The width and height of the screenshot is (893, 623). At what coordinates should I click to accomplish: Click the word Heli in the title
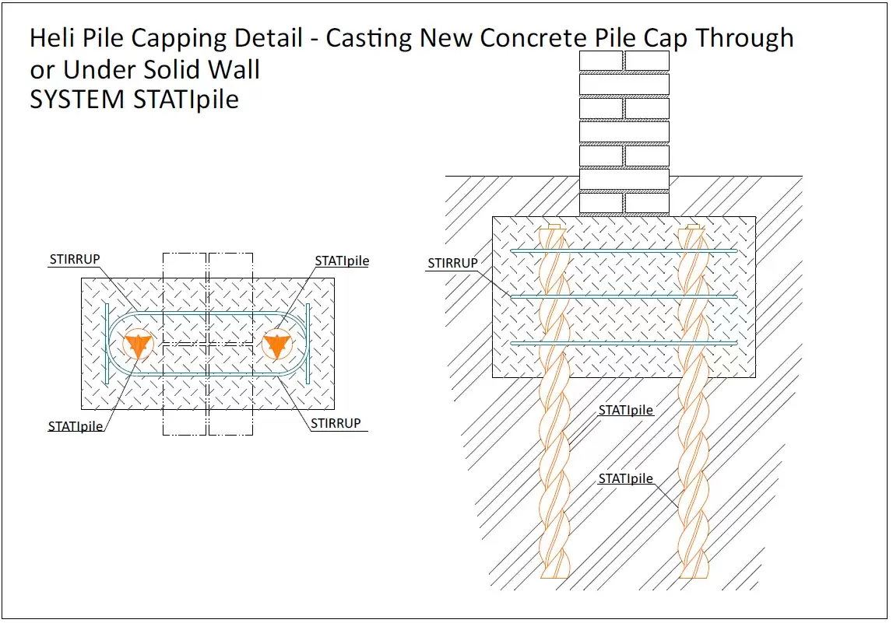click(54, 38)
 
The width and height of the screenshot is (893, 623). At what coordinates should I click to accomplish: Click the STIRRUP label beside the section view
click(452, 264)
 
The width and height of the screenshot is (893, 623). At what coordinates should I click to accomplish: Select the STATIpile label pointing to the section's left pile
click(625, 410)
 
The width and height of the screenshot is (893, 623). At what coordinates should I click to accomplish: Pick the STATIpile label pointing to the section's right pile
click(625, 478)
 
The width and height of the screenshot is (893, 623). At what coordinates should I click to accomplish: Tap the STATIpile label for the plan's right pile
click(342, 261)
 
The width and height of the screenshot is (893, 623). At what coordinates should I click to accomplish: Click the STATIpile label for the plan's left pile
click(76, 426)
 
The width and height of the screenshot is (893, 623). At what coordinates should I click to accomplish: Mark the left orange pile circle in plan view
click(138, 345)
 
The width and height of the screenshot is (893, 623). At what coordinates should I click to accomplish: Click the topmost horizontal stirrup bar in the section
click(623, 251)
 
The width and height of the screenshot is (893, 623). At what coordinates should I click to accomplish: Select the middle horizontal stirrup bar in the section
click(623, 296)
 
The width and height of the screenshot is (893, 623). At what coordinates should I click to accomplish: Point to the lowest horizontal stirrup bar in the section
click(623, 342)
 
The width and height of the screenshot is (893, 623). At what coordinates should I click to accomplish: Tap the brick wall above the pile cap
click(624, 132)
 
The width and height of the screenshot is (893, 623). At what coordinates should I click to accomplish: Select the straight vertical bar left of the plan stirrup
click(107, 343)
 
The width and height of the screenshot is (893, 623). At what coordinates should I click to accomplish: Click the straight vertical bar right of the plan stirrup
click(308, 343)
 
